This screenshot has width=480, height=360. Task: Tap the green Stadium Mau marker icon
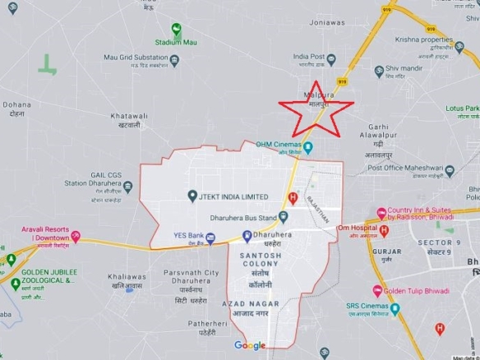[177, 29]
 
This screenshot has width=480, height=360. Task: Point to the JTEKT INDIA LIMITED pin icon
[192, 197]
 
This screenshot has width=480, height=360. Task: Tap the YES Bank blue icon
[210, 238]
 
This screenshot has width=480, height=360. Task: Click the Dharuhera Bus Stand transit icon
[281, 219]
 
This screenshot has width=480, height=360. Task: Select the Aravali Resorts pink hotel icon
[76, 236]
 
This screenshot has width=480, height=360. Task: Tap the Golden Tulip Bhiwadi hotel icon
[377, 291]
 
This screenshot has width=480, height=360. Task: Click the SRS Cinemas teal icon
[394, 312]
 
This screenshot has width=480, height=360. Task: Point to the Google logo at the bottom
[250, 346]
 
